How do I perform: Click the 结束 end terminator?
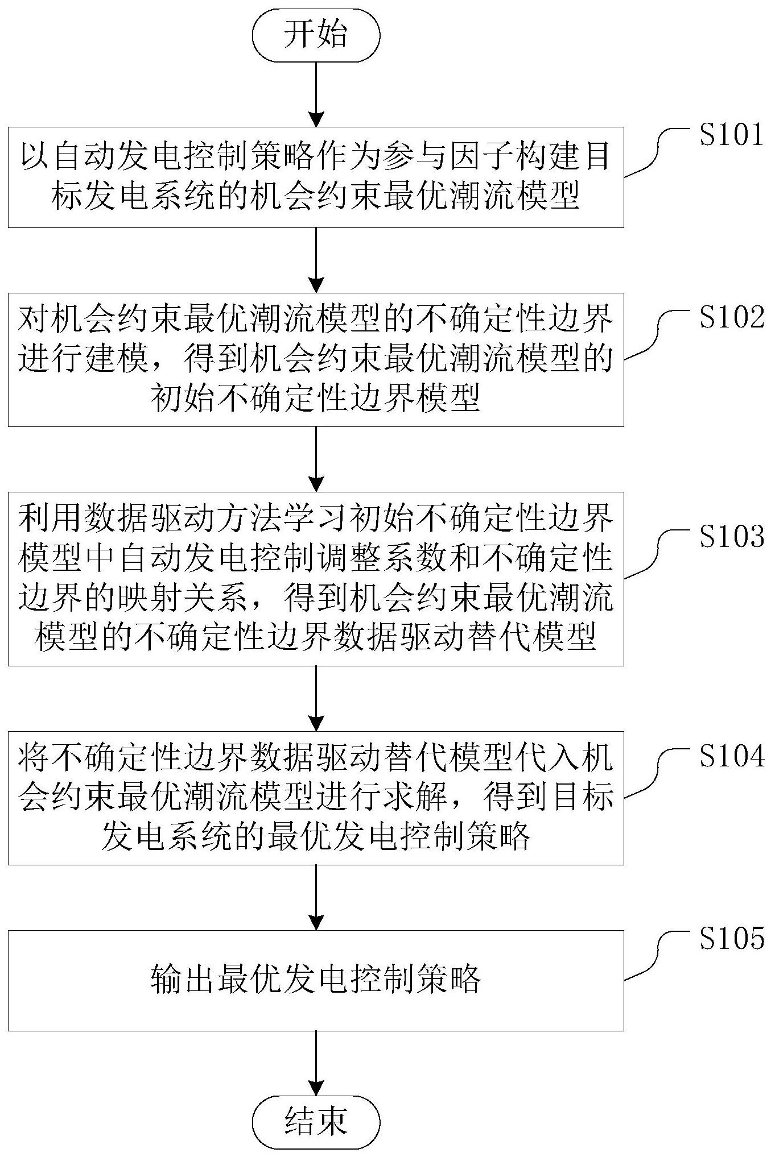(x=316, y=1121)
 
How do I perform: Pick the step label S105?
(x=732, y=938)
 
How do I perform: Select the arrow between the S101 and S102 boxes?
(x=316, y=260)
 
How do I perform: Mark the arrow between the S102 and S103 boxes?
(x=316, y=459)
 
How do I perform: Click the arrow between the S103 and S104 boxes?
(x=316, y=698)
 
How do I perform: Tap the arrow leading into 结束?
(x=316, y=1063)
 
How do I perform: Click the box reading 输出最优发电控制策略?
(x=316, y=980)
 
